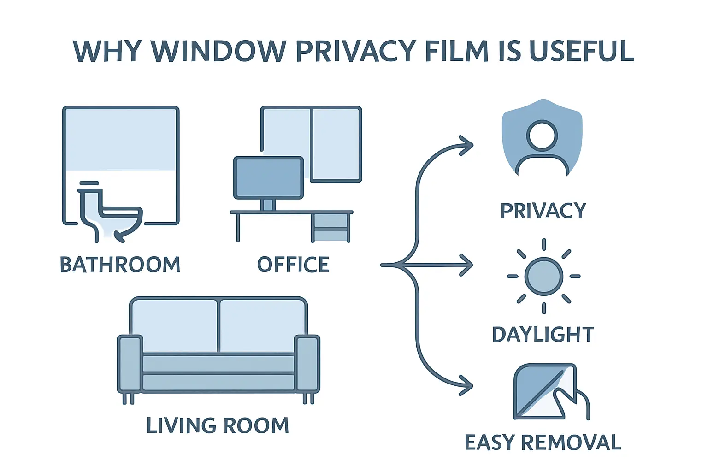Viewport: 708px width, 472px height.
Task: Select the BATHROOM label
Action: pos(120,265)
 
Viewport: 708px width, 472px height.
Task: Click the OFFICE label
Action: pos(293,265)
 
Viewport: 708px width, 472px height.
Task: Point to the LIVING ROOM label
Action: pos(218,425)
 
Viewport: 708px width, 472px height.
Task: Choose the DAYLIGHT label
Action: pos(543,335)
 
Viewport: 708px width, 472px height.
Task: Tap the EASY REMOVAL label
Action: pos(543,442)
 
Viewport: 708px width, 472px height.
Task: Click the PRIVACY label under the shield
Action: pos(543,211)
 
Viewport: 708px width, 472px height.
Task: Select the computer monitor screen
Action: pos(268,177)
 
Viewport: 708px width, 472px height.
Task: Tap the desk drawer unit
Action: pos(330,227)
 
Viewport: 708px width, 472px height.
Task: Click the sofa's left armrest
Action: pos(130,363)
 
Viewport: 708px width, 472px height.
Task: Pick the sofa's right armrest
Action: pos(307,363)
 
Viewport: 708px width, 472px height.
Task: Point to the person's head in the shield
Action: pos(542,136)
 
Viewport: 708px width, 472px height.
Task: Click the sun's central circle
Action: pos(544,277)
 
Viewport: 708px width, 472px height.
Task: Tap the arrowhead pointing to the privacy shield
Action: pos(466,146)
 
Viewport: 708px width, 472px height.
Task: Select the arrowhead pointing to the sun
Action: pos(466,265)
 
